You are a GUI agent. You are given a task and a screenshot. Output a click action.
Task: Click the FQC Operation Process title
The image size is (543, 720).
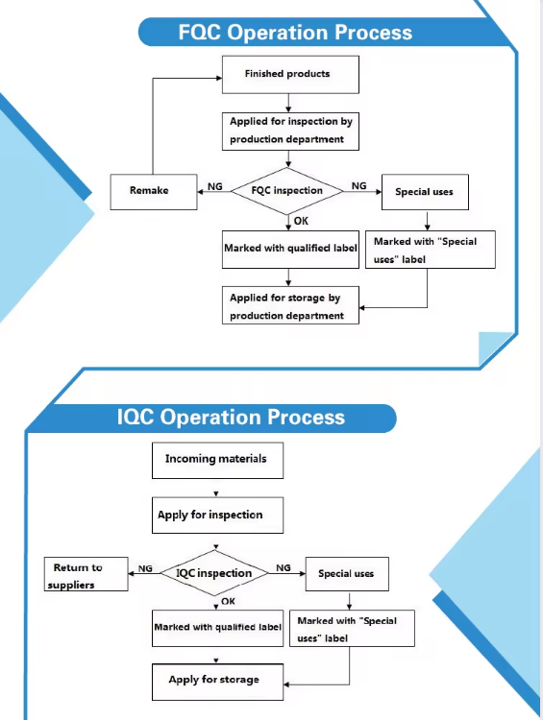[295, 32]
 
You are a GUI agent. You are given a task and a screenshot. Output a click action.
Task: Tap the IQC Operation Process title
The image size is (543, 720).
[231, 417]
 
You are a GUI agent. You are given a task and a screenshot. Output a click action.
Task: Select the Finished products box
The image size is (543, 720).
[290, 75]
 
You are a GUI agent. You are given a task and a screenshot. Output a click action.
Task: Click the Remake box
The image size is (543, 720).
[154, 192]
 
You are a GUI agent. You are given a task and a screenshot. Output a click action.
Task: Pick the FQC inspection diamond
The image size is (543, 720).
[287, 191]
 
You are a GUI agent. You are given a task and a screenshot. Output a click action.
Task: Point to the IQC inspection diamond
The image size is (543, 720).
[214, 573]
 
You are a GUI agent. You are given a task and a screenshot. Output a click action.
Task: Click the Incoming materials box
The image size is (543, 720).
[217, 461]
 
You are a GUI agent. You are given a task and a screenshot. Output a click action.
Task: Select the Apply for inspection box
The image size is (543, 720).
[217, 516]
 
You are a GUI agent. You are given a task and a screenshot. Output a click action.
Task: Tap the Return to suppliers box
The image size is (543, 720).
[86, 574]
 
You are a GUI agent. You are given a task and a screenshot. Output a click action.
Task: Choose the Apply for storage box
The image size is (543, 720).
[217, 682]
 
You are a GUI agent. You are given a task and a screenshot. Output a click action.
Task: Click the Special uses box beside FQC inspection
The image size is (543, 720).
[426, 192]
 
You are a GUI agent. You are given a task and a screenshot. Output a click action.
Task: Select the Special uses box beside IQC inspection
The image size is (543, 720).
[347, 574]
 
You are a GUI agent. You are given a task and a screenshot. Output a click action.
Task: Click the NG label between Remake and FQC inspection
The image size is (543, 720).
[214, 186]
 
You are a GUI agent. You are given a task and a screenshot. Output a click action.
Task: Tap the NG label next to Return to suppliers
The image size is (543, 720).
[145, 568]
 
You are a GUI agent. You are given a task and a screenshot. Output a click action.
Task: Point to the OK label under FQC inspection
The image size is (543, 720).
[301, 221]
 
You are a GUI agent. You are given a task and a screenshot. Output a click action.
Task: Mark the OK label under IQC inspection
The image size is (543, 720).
[228, 601]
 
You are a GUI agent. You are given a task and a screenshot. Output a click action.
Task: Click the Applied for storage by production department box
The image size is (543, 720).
[290, 305]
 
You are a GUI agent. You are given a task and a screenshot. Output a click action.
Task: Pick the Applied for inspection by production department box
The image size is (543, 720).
[290, 132]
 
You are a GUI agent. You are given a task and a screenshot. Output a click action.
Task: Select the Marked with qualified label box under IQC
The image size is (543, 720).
[217, 628]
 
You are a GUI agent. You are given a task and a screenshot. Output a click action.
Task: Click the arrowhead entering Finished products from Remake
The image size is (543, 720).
[219, 78]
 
